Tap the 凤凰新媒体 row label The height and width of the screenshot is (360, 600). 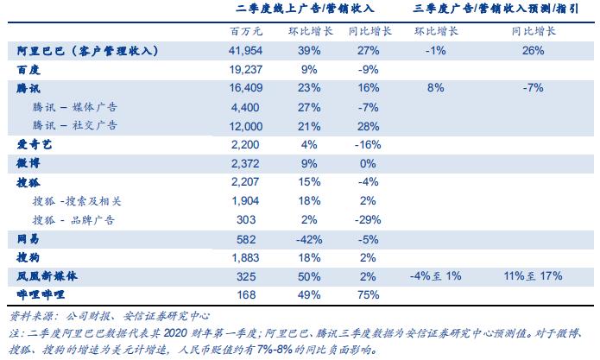[47, 275]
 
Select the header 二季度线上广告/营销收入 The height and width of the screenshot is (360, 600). [299, 10]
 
